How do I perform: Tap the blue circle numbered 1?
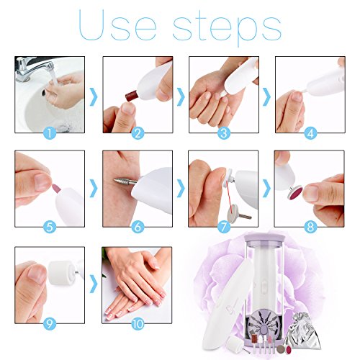point(49,132)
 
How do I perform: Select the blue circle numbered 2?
point(137,132)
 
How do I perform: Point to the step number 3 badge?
point(224,132)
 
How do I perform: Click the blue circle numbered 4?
point(310,132)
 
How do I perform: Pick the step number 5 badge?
point(49,226)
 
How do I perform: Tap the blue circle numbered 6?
point(137,226)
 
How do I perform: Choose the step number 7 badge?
point(224,226)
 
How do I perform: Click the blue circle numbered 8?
point(310,226)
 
